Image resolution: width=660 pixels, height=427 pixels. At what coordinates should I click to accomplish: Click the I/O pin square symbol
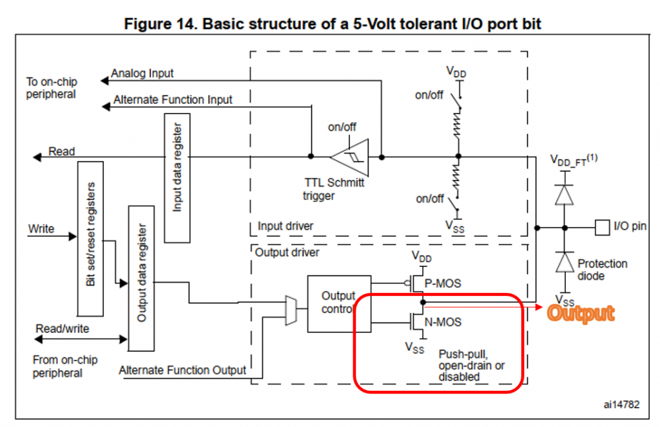pos(601,226)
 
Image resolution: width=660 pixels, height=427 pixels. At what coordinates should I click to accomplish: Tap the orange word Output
pos(580,313)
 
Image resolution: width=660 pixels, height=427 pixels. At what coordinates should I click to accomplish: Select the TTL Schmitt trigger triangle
pos(351,156)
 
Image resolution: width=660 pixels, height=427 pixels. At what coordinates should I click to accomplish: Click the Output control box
pos(339,303)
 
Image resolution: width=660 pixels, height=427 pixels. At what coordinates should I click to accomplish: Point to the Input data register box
pos(177,178)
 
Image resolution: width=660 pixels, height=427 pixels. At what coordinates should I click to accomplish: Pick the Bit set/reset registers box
pos(90,225)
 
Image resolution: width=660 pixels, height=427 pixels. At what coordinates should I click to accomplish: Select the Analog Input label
pos(142,74)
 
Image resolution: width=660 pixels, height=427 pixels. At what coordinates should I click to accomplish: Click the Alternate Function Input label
pos(173,100)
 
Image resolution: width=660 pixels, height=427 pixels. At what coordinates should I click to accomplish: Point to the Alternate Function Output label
pos(182,370)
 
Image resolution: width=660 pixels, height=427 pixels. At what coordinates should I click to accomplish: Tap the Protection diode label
pos(602,270)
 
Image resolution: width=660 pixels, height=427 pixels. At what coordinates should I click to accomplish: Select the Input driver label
pos(286,226)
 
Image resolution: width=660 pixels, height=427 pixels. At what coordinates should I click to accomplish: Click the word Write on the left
pos(41,229)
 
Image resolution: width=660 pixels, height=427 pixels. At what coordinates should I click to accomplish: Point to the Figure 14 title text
pos(330,25)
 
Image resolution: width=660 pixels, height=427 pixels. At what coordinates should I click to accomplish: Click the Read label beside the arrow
pos(62,152)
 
